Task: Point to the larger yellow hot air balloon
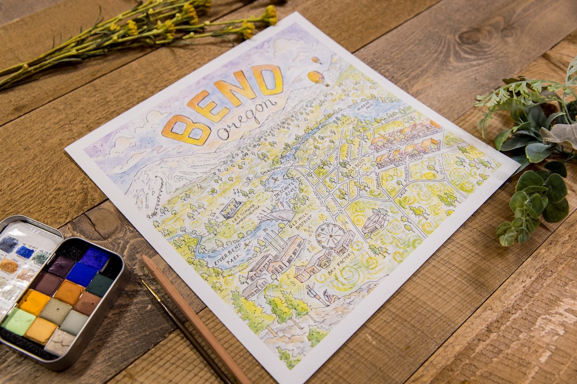click(317, 78)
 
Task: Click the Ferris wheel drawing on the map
click(330, 235)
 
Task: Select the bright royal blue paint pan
click(81, 274)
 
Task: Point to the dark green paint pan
click(99, 285)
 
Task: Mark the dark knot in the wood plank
click(472, 36)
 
